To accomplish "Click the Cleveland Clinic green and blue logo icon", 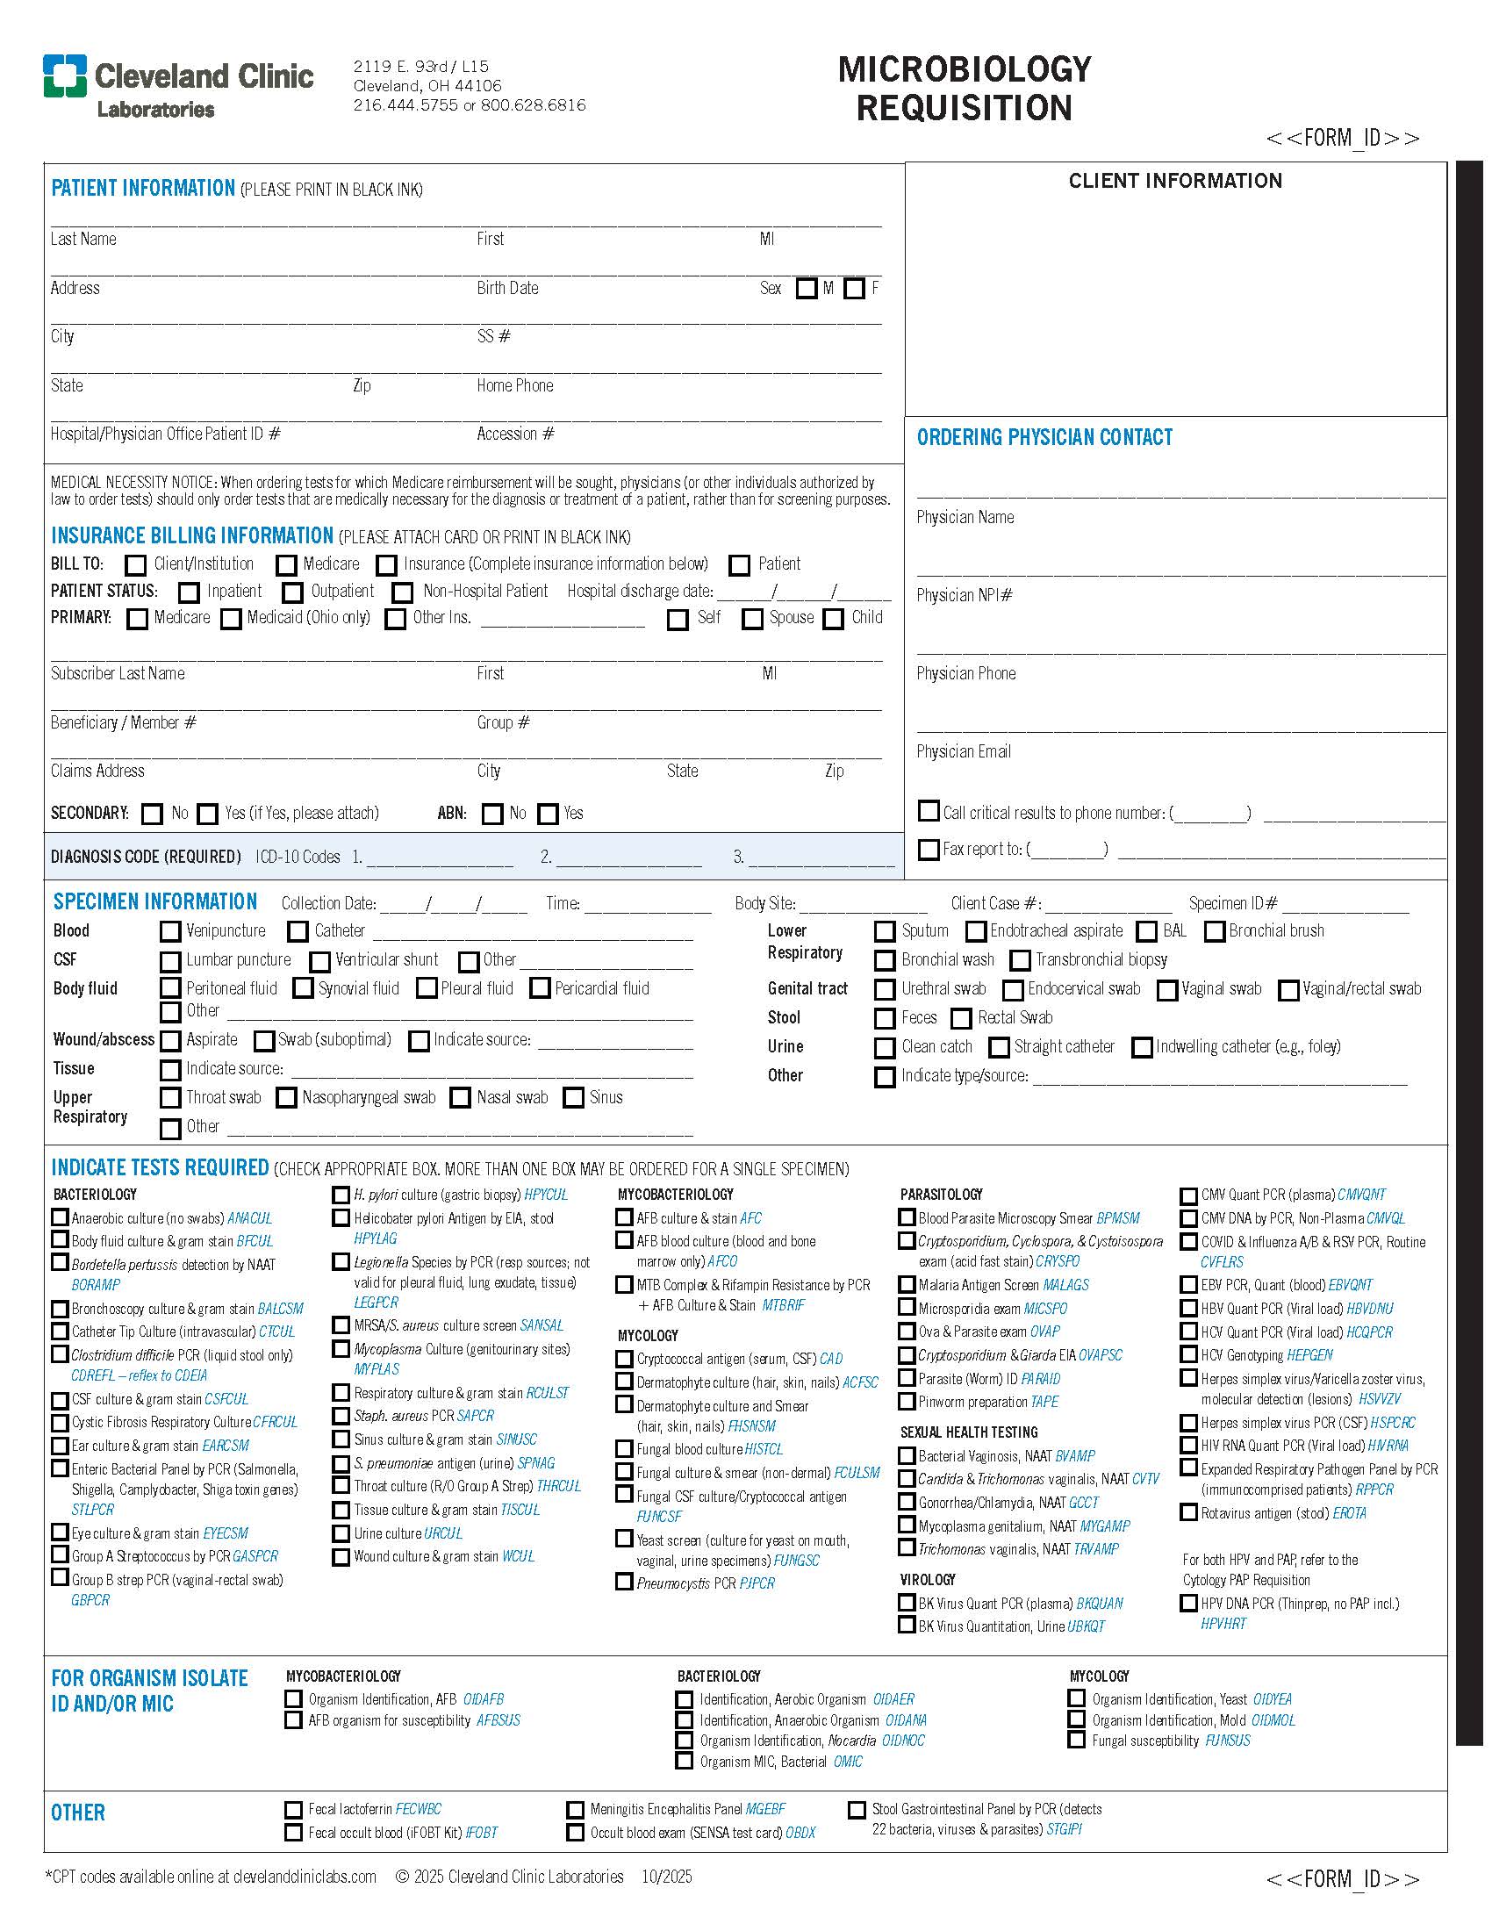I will [65, 76].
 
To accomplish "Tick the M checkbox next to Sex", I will [805, 289].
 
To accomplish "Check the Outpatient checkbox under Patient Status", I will [292, 592].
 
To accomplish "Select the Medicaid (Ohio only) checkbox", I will [231, 619].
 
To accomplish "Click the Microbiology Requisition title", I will [964, 89].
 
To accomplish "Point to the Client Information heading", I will [1174, 182].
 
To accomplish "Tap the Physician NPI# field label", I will [964, 596].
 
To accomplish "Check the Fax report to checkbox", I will [928, 850].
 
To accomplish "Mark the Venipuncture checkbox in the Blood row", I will [169, 931].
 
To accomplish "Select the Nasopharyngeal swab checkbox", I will [286, 1098].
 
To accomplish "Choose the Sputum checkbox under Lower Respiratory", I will [884, 931].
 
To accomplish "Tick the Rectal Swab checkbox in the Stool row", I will [961, 1018].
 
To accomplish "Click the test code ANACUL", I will [249, 1218].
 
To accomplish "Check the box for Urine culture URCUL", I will [341, 1533].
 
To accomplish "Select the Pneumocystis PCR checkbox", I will [624, 1582].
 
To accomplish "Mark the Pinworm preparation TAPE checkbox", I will [906, 1402].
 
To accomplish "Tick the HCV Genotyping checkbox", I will [1189, 1354].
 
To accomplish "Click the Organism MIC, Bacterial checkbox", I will [683, 1762].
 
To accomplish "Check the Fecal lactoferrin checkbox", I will [293, 1810].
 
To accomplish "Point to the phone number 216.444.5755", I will [405, 105].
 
